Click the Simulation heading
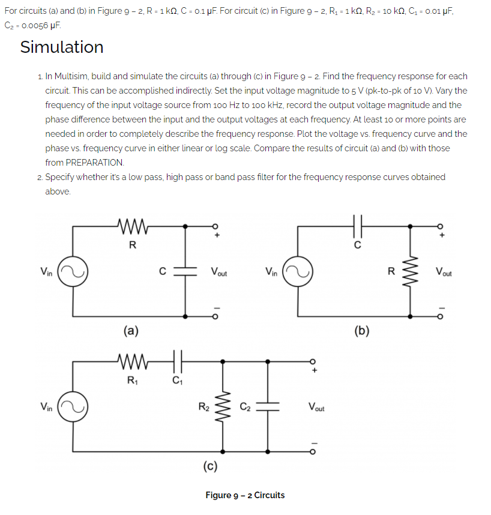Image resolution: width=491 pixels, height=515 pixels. pyautogui.click(x=62, y=47)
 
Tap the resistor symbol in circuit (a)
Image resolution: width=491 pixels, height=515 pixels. pyautogui.click(x=133, y=226)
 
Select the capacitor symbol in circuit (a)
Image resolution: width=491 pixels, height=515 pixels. pyautogui.click(x=185, y=270)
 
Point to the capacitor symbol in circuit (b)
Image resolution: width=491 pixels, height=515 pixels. pyautogui.click(x=358, y=226)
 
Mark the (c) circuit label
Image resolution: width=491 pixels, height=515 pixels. pyautogui.click(x=210, y=465)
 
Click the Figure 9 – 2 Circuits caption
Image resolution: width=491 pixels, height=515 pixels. pyautogui.click(x=245, y=495)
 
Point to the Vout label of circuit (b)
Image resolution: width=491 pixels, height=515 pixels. pyautogui.click(x=445, y=272)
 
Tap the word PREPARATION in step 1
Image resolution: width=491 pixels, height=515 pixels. pyautogui.click(x=85, y=163)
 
